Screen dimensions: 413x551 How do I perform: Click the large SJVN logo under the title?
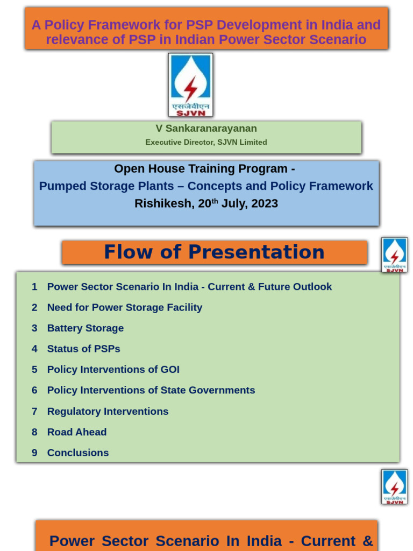[190, 84]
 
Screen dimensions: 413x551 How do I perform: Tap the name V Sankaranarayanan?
[206, 129]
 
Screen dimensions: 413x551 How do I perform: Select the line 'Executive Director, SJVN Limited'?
[206, 142]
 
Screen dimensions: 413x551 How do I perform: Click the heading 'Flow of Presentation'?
[214, 252]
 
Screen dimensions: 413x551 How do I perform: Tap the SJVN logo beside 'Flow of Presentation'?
[394, 255]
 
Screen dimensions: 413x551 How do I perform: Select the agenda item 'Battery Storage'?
[86, 328]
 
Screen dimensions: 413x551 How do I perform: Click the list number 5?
[34, 370]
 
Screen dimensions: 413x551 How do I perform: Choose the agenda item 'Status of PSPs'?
[83, 349]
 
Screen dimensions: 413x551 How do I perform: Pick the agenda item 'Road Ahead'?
[77, 432]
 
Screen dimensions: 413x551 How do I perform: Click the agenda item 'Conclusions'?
[78, 453]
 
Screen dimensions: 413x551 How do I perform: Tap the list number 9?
[34, 453]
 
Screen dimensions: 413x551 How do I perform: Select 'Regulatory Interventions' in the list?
[108, 411]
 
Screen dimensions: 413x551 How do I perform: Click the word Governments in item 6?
[222, 391]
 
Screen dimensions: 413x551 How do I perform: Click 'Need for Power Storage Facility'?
[125, 307]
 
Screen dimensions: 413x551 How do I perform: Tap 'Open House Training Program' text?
[201, 168]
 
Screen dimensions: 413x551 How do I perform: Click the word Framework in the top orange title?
[132, 25]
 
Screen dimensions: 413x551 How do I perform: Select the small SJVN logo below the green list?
[394, 487]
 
